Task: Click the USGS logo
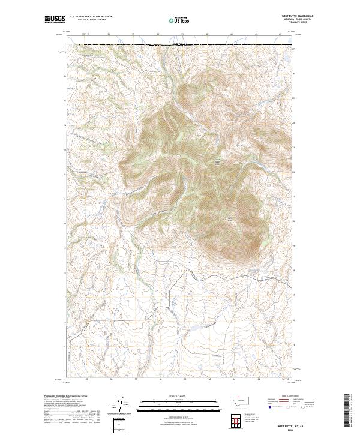click(x=55, y=19)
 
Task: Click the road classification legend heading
click(x=290, y=397)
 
